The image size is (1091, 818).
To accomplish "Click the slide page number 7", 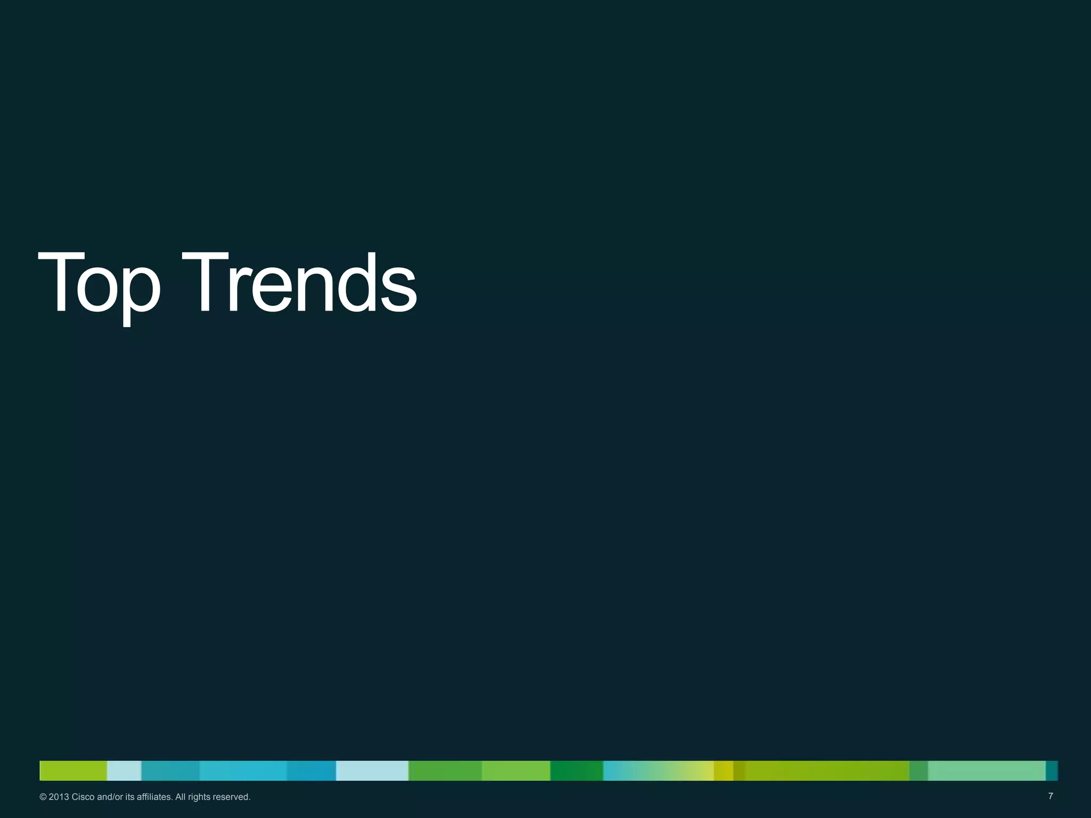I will tap(1051, 796).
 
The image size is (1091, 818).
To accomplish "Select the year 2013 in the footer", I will tap(59, 797).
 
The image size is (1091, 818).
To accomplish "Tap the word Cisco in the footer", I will tap(83, 797).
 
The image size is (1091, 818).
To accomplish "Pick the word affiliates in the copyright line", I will tap(154, 797).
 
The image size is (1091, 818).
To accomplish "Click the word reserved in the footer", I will tap(232, 797).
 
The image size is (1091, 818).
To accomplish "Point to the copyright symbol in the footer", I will tap(43, 797).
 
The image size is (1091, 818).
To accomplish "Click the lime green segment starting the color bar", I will tap(73, 771).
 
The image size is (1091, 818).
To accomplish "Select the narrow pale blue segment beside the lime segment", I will tap(124, 771).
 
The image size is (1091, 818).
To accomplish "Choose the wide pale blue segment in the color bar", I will tap(372, 771).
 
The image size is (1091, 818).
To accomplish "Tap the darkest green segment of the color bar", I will tap(576, 771).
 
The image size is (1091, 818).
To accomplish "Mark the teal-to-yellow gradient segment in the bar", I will tap(658, 771).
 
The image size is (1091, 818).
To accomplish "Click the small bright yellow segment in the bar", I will tap(723, 771).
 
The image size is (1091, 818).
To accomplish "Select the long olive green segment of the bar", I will tap(826, 771).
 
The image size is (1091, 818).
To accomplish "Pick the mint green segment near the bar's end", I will tap(987, 771).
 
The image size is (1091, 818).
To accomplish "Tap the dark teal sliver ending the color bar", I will tap(1052, 771).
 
